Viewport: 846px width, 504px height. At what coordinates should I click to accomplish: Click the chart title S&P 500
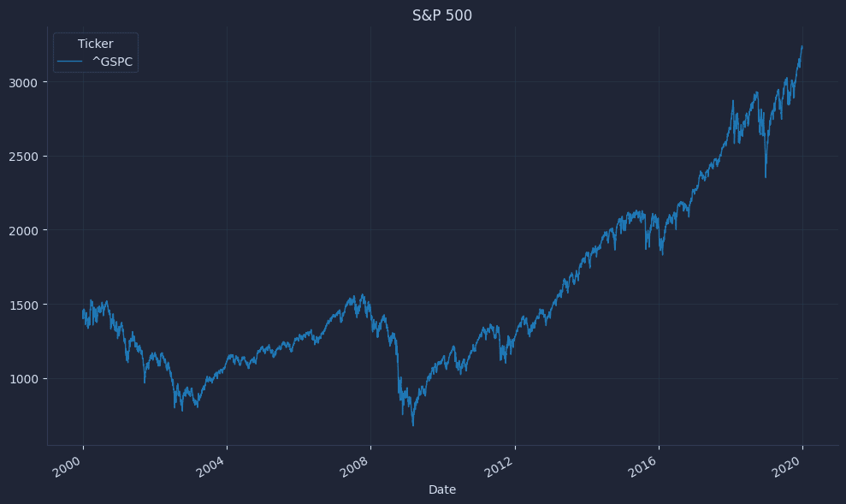point(442,15)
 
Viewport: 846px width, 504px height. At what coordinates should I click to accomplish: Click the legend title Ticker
point(95,44)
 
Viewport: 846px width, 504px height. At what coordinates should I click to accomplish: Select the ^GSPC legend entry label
point(112,62)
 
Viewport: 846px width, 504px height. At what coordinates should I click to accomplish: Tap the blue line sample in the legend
point(70,62)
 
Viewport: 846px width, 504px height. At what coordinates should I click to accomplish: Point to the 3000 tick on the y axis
point(23,82)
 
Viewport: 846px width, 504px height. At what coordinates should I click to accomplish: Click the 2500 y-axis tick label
point(23,157)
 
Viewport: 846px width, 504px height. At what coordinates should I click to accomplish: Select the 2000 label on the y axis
point(23,230)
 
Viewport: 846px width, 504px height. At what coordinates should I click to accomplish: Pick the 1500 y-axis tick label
point(23,305)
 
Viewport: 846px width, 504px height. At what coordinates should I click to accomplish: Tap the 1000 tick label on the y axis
point(23,378)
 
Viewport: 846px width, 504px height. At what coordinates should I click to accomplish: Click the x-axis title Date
point(442,489)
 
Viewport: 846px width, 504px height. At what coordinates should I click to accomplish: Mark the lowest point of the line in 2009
point(413,425)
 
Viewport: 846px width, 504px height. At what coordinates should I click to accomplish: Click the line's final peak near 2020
point(802,46)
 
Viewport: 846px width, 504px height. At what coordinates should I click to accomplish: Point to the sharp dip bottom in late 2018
point(766,177)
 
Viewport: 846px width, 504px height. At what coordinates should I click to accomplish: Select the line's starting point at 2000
point(83,311)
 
